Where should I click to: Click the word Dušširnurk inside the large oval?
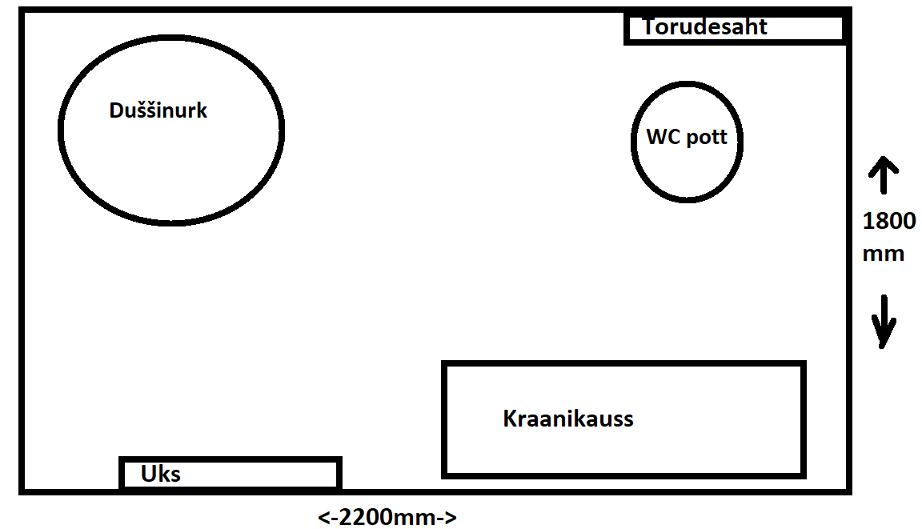[158, 110]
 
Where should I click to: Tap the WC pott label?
[687, 137]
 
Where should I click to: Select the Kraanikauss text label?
[568, 419]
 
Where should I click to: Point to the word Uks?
[161, 474]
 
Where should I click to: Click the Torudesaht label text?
[704, 27]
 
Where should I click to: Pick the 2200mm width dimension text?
[388, 517]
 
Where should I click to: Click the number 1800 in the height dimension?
[888, 221]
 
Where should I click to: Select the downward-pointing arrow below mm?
[884, 320]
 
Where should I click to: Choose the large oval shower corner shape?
[170, 176]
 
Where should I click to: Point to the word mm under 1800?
[883, 254]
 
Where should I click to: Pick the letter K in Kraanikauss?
[510, 419]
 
